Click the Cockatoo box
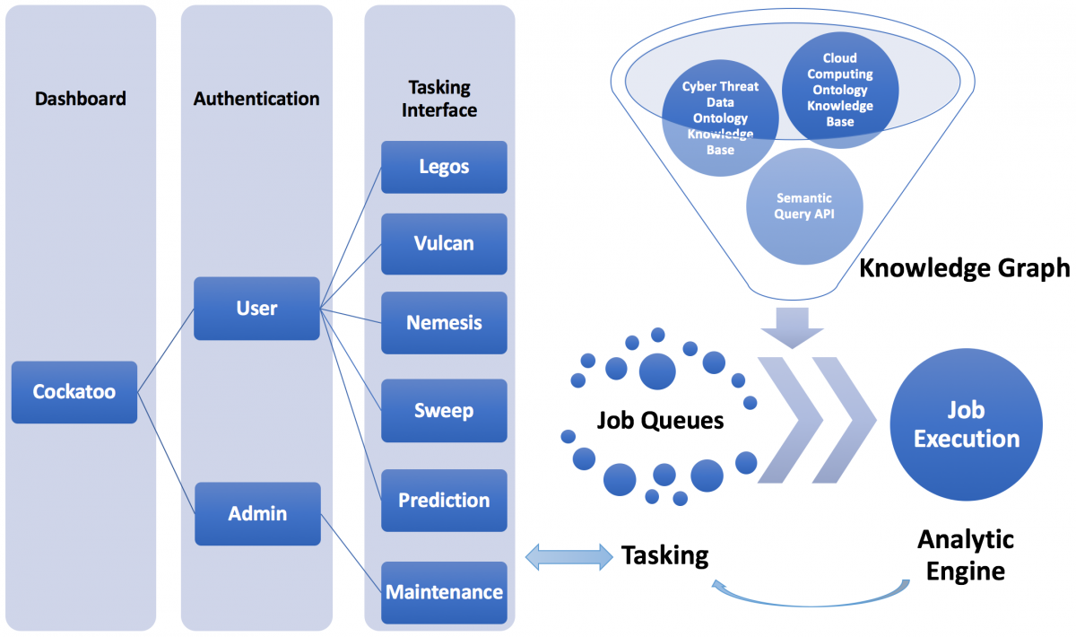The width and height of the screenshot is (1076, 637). pyautogui.click(x=74, y=392)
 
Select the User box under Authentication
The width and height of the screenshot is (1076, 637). pyautogui.click(x=256, y=308)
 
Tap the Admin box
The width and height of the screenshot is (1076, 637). pyautogui.click(x=257, y=513)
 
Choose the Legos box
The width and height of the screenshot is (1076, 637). pyautogui.click(x=444, y=167)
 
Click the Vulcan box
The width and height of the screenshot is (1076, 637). pyautogui.click(x=444, y=244)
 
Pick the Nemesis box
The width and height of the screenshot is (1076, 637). pyautogui.click(x=444, y=323)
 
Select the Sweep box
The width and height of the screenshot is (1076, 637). pyautogui.click(x=444, y=410)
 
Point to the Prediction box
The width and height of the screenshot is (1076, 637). pyautogui.click(x=444, y=500)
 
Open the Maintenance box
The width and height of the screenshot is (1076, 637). pyautogui.click(x=444, y=592)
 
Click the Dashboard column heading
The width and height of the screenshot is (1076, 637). pyautogui.click(x=80, y=99)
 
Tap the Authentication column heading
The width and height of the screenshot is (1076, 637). pyautogui.click(x=256, y=99)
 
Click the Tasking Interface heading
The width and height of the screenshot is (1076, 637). pyautogui.click(x=439, y=99)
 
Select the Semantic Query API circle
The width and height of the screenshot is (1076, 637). pyautogui.click(x=804, y=206)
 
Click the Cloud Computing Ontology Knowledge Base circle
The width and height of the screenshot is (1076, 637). pyautogui.click(x=840, y=90)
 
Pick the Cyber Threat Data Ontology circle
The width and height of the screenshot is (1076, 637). pyautogui.click(x=720, y=118)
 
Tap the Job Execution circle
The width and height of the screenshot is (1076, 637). pyautogui.click(x=966, y=424)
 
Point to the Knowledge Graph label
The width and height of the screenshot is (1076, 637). pyautogui.click(x=965, y=267)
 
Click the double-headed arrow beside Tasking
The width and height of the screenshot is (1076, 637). pyautogui.click(x=569, y=557)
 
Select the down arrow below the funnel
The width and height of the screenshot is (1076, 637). pyautogui.click(x=793, y=327)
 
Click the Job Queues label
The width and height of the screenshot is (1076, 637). pyautogui.click(x=660, y=420)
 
